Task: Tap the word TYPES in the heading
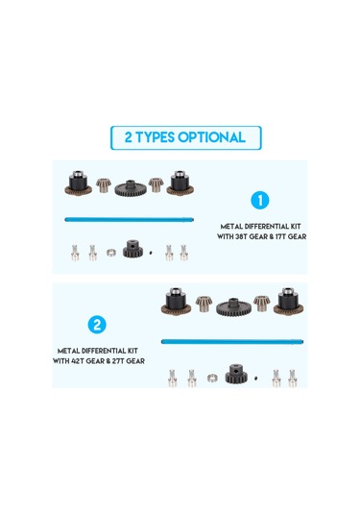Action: pos(155,137)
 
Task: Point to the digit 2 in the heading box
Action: pos(128,137)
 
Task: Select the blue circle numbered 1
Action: pos(260,200)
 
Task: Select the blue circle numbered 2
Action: pos(97,325)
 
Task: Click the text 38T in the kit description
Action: pos(241,236)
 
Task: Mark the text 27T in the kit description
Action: pos(118,361)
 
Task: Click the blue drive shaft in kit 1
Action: pos(130,219)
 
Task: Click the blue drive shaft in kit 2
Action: pos(232,342)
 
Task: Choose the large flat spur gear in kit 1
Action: pos(131,188)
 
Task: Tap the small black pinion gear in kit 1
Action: pos(133,249)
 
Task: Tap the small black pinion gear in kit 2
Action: pos(236,374)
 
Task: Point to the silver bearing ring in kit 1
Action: pos(111,253)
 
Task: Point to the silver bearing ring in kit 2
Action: pos(212,378)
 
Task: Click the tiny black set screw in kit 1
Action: pos(151,253)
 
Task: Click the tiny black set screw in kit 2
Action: pos(255,378)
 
